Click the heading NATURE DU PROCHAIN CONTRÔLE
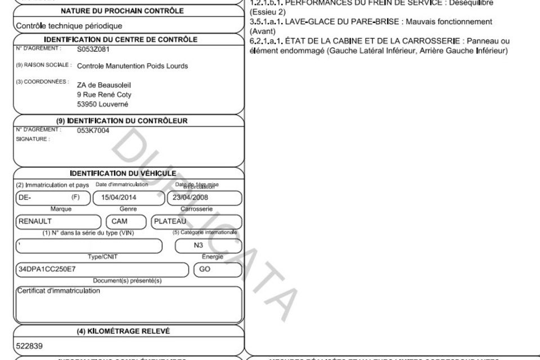point(121,11)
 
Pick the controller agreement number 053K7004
point(93,130)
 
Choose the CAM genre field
point(120,222)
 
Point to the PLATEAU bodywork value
point(169,222)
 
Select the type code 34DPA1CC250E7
point(46,269)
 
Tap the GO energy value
point(205,269)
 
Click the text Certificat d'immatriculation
point(58,291)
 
